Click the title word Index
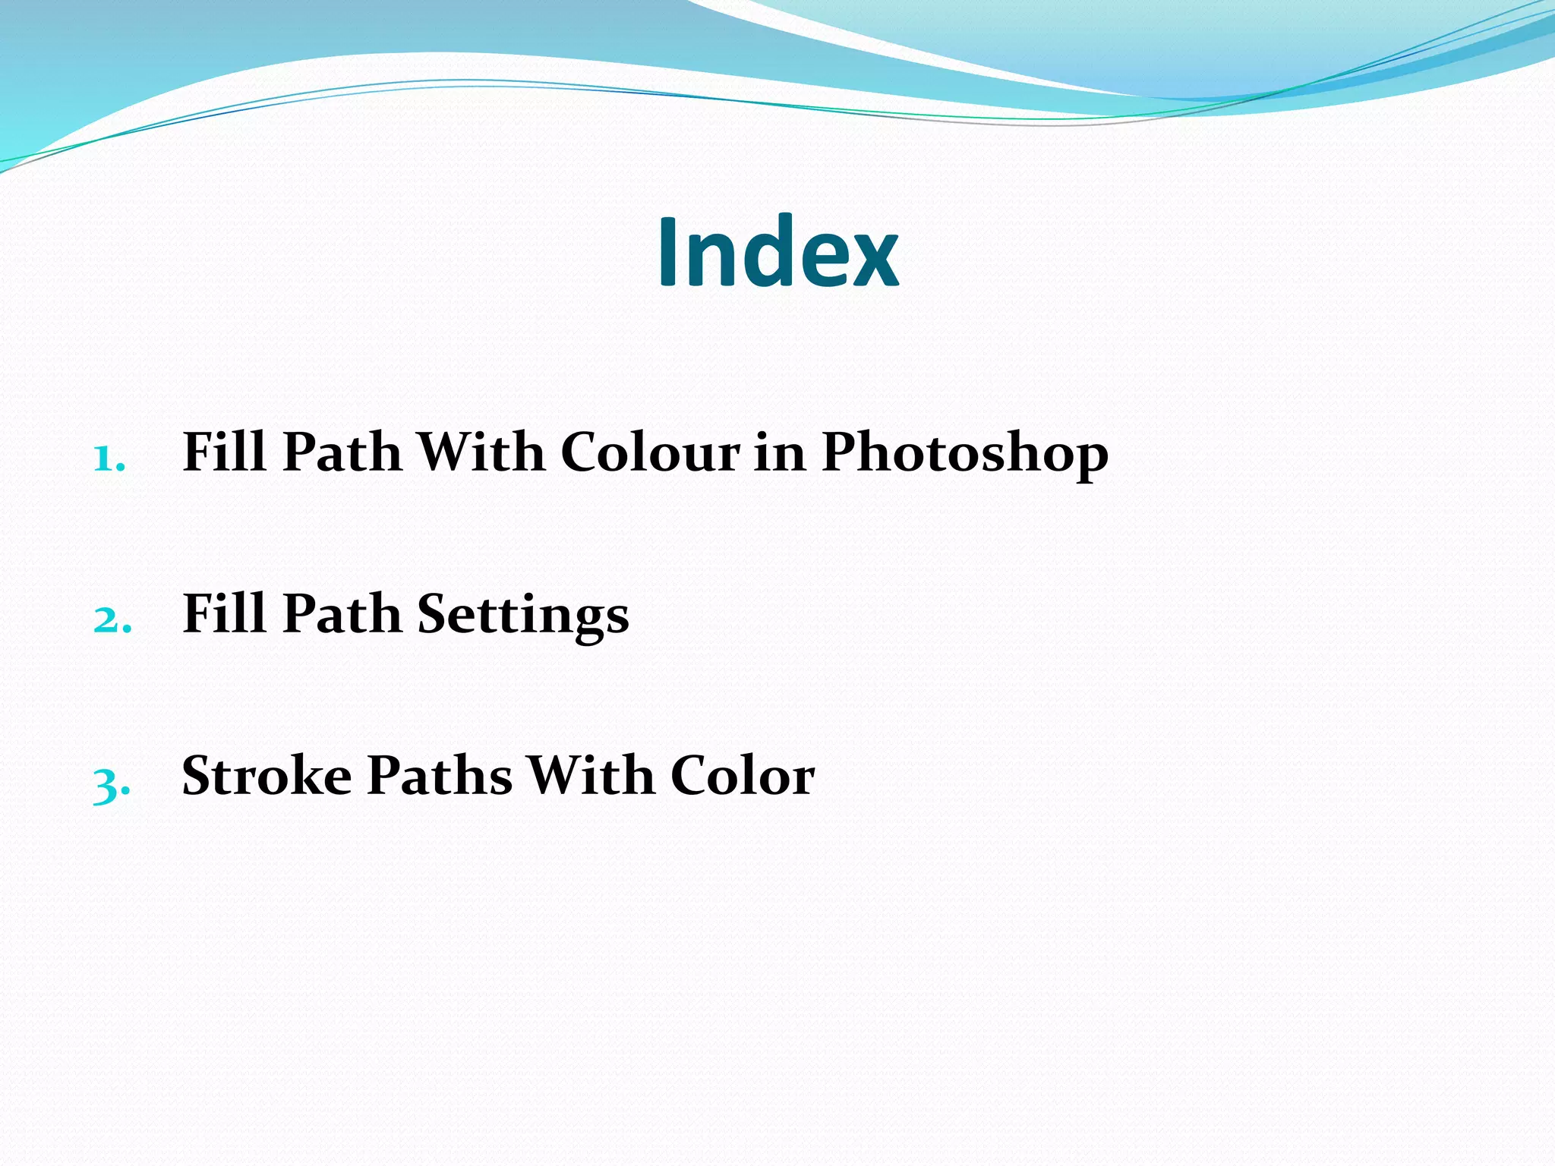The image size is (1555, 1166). pyautogui.click(x=777, y=252)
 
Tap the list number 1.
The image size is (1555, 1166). pyautogui.click(x=109, y=459)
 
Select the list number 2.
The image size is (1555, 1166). pyautogui.click(x=112, y=620)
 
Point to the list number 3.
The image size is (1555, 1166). pyautogui.click(x=111, y=784)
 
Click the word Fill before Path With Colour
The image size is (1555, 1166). pyautogui.click(x=224, y=452)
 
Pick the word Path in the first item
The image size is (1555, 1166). pyautogui.click(x=342, y=452)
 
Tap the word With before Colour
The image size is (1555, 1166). pyautogui.click(x=481, y=452)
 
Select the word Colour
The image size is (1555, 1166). pyautogui.click(x=650, y=452)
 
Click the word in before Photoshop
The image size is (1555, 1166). pyautogui.click(x=780, y=452)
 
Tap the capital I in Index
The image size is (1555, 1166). pyautogui.click(x=667, y=252)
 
